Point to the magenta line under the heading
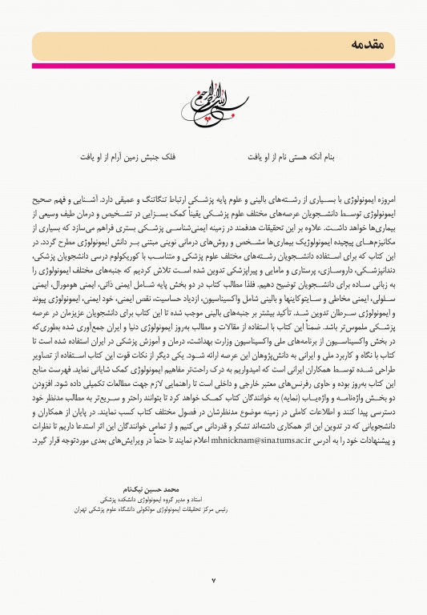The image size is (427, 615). pyautogui.click(x=213, y=66)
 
